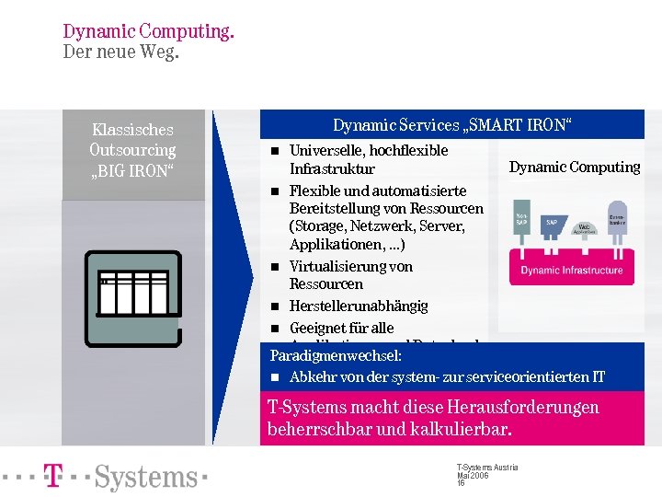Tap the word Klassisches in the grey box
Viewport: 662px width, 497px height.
coord(132,131)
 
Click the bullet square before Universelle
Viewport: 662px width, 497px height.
coord(274,151)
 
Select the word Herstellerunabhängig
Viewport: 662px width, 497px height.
coord(359,306)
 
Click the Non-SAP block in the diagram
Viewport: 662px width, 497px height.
coord(522,219)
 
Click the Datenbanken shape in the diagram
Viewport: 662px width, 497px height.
coord(617,220)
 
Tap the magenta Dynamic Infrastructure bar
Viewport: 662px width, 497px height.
coord(571,271)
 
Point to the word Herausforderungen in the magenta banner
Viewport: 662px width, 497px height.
coord(521,408)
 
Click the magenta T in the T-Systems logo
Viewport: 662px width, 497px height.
coord(55,476)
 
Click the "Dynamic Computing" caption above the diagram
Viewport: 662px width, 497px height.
coord(575,168)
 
